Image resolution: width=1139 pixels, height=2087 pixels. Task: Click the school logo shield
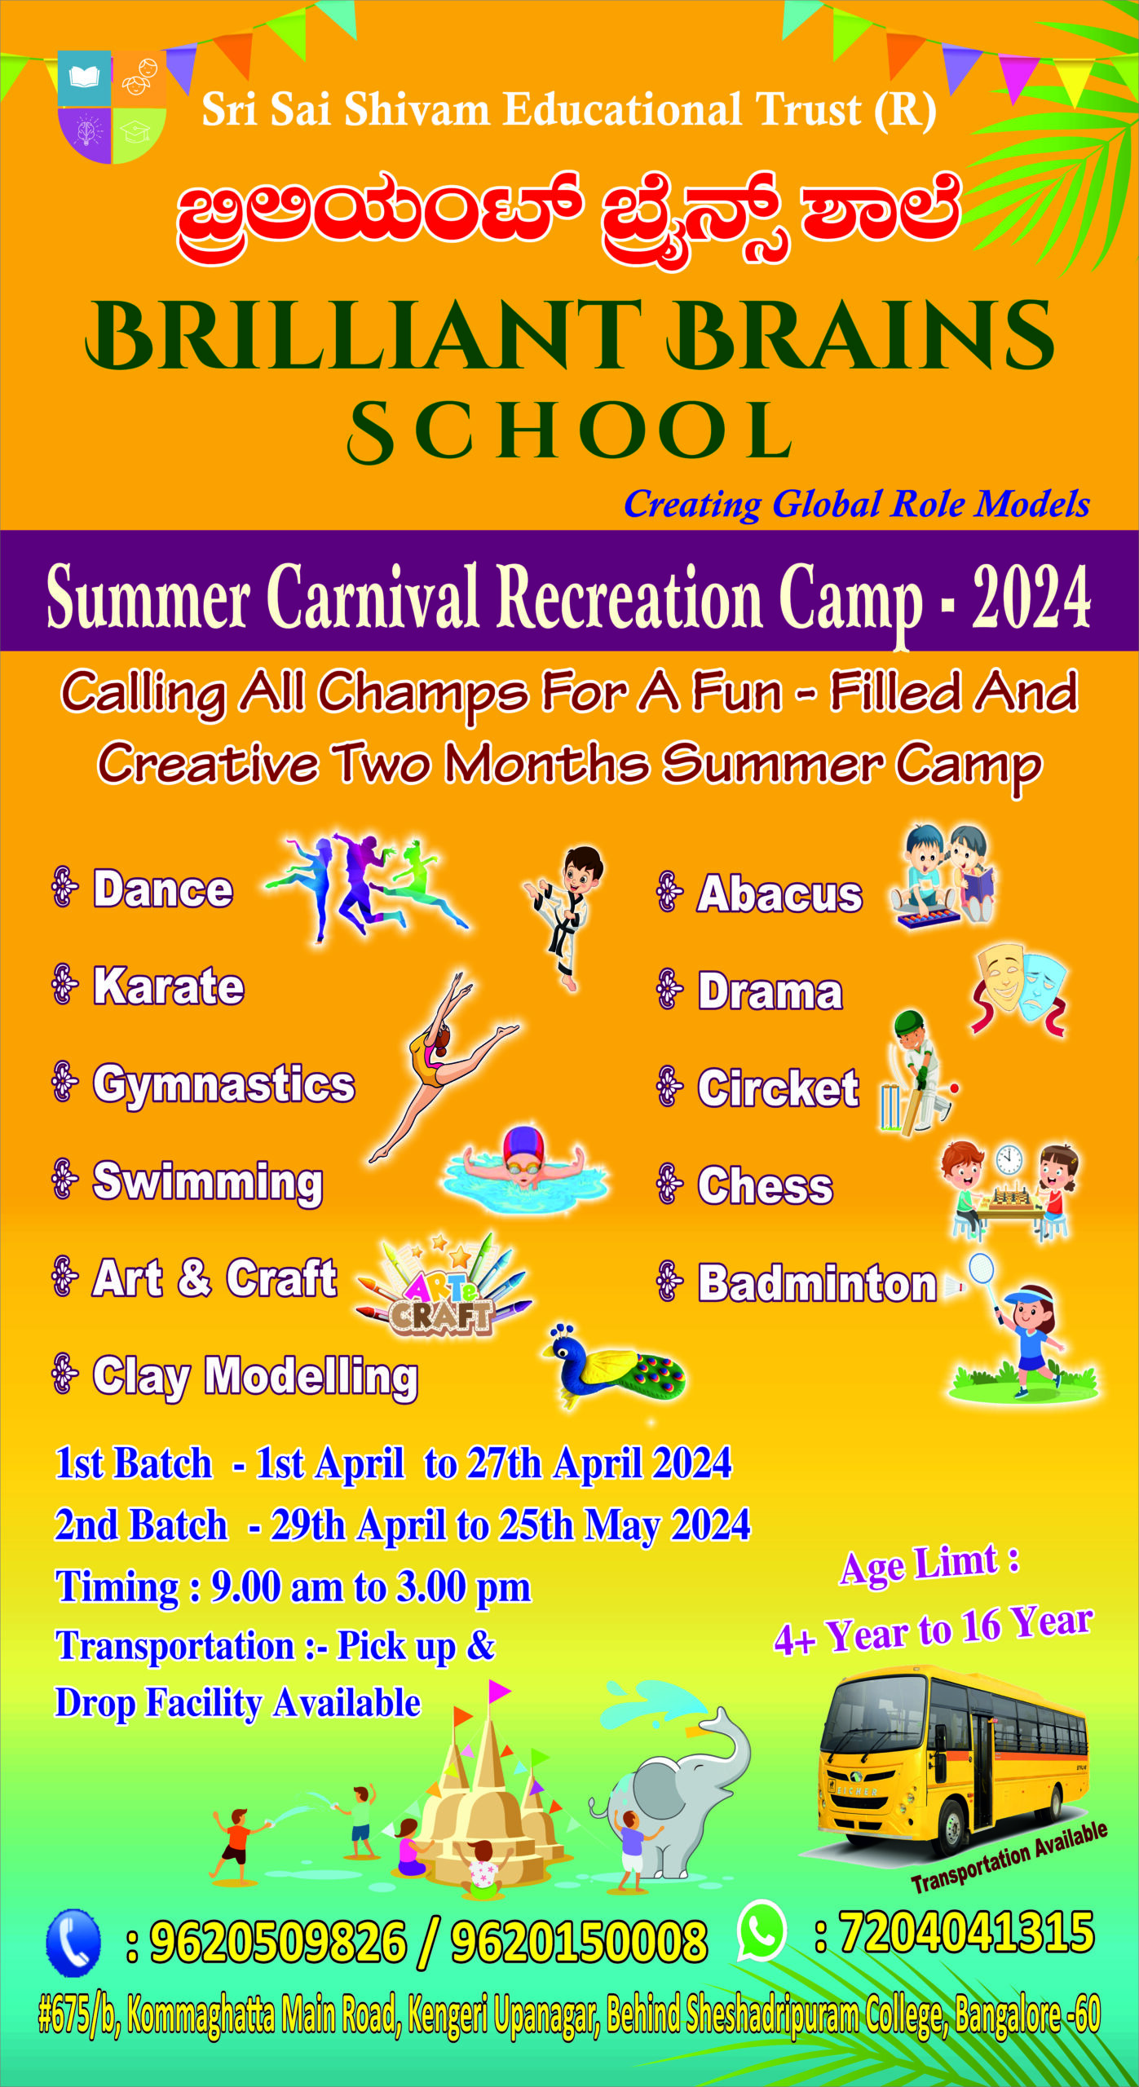[x=112, y=107]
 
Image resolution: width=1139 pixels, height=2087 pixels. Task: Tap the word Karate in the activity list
[x=169, y=986]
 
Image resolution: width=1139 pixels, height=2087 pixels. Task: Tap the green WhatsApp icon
[x=761, y=1930]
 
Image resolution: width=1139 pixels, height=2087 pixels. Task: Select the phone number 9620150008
[x=579, y=1942]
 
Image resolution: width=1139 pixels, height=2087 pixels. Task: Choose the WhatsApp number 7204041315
[x=967, y=1932]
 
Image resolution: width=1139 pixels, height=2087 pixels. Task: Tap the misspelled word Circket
[x=779, y=1088]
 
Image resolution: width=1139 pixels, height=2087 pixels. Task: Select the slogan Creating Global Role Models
[x=857, y=504]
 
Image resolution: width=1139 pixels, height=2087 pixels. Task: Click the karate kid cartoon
[x=566, y=916]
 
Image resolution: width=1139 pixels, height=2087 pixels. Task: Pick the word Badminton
[x=818, y=1283]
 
